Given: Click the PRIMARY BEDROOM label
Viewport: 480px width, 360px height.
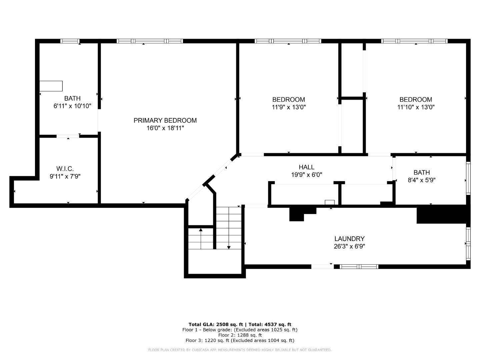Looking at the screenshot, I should point(165,120).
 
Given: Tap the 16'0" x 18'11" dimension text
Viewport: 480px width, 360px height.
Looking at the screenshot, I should point(165,128).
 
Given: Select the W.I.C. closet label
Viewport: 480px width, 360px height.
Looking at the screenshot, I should point(65,169).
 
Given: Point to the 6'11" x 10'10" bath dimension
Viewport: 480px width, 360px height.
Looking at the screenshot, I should point(72,106).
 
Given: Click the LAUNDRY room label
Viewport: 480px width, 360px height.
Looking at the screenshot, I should point(349,239).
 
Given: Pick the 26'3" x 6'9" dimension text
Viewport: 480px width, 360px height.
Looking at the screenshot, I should point(349,247).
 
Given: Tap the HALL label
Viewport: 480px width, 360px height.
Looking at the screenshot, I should point(306,167).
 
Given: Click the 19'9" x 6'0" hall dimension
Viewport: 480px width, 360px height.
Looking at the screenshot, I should point(306,175).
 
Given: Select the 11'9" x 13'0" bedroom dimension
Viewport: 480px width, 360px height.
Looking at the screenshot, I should point(289,107).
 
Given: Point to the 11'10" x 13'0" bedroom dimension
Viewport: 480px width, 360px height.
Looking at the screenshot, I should point(416,107).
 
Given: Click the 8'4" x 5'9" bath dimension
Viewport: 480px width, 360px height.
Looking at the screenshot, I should point(422,180).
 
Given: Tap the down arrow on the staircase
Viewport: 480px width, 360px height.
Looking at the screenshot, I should point(229,247).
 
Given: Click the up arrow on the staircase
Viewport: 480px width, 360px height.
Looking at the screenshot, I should point(201,230).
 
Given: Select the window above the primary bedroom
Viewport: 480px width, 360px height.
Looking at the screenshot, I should point(150,41).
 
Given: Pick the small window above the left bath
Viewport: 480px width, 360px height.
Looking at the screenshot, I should point(70,41).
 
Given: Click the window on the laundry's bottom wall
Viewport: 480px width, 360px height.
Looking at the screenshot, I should point(359,266).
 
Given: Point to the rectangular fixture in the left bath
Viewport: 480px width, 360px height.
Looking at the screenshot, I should point(51,86).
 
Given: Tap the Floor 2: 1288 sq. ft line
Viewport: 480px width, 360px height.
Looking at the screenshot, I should point(240,335).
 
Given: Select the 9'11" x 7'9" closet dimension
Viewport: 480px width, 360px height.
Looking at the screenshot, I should point(65,177).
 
